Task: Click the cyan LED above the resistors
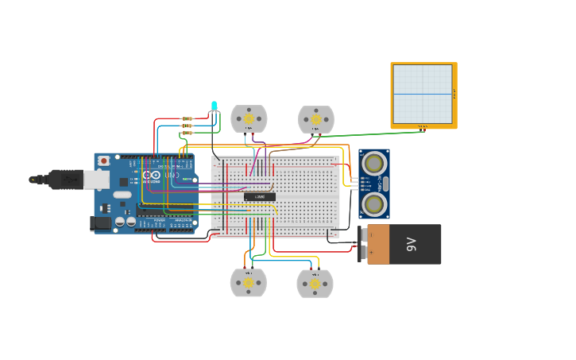pos(214,106)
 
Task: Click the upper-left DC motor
pos(249,118)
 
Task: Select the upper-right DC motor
pos(316,119)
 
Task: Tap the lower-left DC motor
pos(248,282)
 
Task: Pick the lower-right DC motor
pos(315,283)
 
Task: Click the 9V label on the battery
pos(411,244)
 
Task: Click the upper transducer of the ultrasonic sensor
pos(373,164)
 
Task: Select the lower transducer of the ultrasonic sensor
pos(373,203)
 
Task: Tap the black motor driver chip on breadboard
pos(260,196)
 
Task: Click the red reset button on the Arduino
pos(103,161)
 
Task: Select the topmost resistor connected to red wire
pos(187,118)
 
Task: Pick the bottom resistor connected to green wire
pos(187,133)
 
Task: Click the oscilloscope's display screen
pos(422,93)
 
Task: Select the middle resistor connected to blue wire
pos(187,126)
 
